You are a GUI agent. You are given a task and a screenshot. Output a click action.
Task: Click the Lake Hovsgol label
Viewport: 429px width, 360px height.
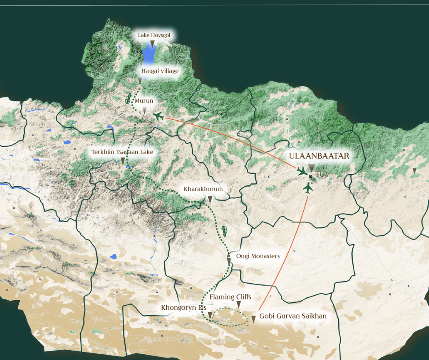154,35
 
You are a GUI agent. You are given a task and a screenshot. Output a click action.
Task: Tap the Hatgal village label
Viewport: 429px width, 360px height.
160,71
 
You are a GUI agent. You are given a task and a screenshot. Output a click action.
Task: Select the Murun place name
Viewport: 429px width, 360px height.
144,101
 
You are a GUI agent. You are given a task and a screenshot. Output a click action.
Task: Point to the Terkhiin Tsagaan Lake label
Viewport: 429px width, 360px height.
122,152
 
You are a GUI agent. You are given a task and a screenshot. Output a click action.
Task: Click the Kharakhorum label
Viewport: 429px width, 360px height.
203,189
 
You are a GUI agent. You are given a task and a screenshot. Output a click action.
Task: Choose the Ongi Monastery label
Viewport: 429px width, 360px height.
258,256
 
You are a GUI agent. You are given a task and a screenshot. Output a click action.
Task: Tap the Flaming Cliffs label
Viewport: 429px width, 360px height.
230,297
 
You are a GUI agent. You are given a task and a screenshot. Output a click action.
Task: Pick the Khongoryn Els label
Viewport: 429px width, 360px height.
184,308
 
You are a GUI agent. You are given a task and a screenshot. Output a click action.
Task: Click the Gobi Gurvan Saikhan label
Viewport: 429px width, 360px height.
293,316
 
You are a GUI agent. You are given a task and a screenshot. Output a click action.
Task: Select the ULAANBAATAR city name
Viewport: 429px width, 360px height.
319,156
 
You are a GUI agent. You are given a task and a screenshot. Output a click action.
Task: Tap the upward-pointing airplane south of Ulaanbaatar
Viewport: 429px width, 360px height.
307,188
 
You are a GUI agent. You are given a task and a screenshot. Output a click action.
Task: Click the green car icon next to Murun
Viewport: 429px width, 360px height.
128,100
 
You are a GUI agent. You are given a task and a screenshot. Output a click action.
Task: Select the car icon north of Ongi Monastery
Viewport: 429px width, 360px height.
224,231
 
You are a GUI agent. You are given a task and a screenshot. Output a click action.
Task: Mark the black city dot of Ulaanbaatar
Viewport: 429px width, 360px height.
310,177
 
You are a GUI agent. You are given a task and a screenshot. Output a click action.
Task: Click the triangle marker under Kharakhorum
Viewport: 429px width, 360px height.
210,199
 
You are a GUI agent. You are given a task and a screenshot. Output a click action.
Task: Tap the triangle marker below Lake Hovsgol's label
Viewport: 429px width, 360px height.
152,44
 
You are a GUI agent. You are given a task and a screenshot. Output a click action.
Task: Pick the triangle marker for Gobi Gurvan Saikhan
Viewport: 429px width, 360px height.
253,319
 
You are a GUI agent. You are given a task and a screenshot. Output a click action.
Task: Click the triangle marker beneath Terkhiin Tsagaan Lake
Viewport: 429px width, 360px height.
123,161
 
